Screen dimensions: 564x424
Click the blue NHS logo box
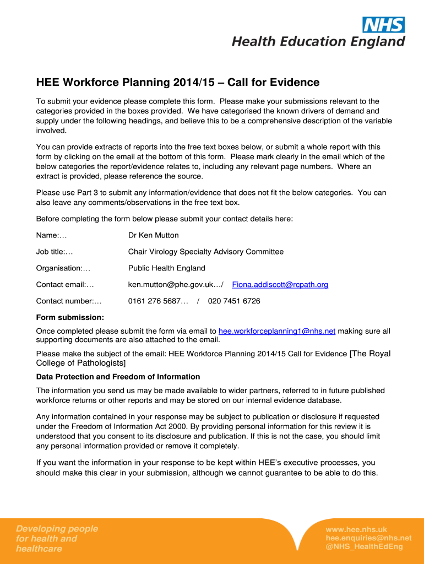click(x=383, y=25)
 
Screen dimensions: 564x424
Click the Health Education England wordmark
click(x=318, y=41)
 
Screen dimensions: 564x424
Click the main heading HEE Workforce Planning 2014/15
click(x=177, y=83)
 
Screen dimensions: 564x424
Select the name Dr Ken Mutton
click(x=153, y=235)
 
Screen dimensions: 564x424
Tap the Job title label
click(x=55, y=252)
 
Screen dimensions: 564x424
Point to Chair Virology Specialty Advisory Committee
click(x=206, y=252)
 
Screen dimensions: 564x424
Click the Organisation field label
click(x=63, y=268)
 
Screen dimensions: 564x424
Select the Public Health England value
click(x=166, y=268)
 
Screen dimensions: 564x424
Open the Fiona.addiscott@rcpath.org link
click(x=280, y=285)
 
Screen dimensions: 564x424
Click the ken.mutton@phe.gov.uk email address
click(x=171, y=285)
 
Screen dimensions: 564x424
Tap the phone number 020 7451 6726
click(x=234, y=301)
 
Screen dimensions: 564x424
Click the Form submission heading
click(x=70, y=317)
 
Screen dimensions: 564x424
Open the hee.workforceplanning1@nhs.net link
click(x=277, y=331)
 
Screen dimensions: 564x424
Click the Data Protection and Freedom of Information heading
click(x=118, y=377)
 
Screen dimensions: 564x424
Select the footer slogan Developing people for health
click(x=57, y=539)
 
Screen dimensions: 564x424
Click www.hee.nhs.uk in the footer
click(x=356, y=530)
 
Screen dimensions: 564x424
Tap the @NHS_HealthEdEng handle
click(x=364, y=546)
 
